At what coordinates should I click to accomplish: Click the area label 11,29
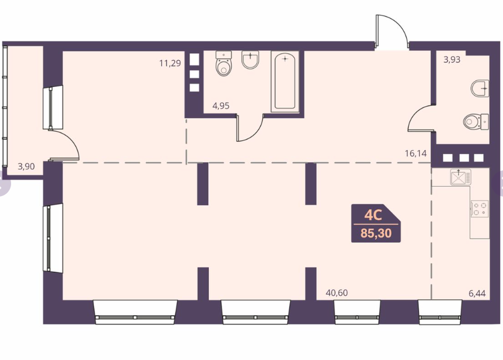click(170, 63)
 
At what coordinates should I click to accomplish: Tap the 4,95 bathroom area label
click(221, 106)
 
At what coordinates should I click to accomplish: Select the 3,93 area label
click(452, 60)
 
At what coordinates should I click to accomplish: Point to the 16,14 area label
click(415, 153)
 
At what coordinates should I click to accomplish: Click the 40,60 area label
click(337, 293)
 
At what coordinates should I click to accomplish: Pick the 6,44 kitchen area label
click(477, 293)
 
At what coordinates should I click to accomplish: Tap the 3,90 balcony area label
click(26, 166)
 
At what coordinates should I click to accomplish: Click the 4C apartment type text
click(373, 215)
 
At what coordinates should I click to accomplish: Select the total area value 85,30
click(376, 233)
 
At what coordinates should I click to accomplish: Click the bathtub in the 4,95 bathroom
click(285, 82)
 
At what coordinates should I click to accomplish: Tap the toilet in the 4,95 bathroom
click(223, 64)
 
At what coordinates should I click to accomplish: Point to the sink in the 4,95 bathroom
click(250, 60)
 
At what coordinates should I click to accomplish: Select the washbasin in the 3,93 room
click(480, 88)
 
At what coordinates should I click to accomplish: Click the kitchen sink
click(460, 177)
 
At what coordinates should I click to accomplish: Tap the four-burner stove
click(480, 209)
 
